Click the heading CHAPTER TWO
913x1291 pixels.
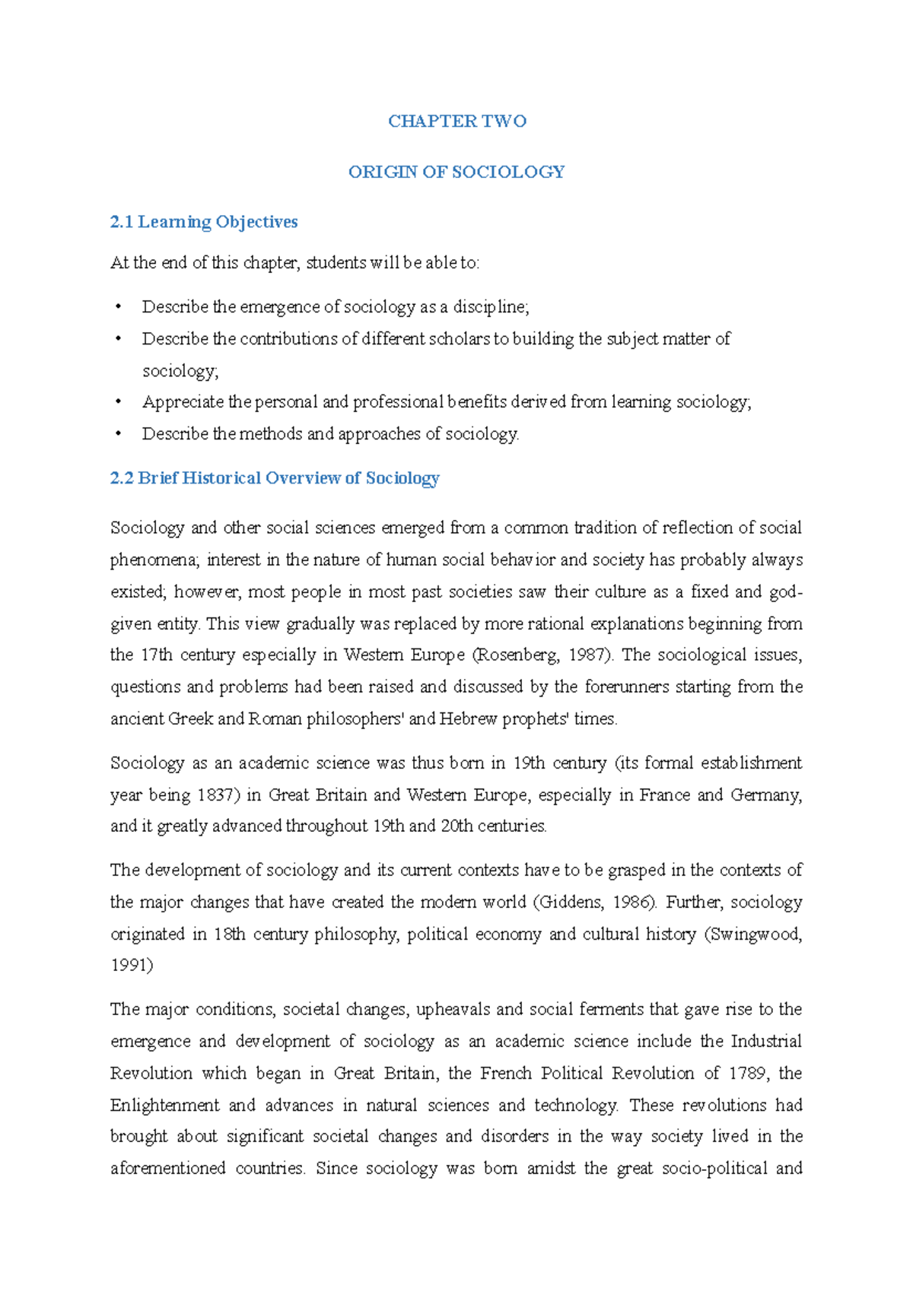coord(456,122)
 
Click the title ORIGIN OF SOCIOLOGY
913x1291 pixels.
coord(456,173)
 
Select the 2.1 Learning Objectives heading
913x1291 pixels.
coord(204,222)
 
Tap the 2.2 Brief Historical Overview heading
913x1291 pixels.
coord(275,478)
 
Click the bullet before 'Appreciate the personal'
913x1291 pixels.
coord(118,402)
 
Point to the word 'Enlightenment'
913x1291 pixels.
coord(164,1105)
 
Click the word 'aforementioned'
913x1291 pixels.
coord(167,1169)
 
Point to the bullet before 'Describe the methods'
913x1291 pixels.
coord(118,434)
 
